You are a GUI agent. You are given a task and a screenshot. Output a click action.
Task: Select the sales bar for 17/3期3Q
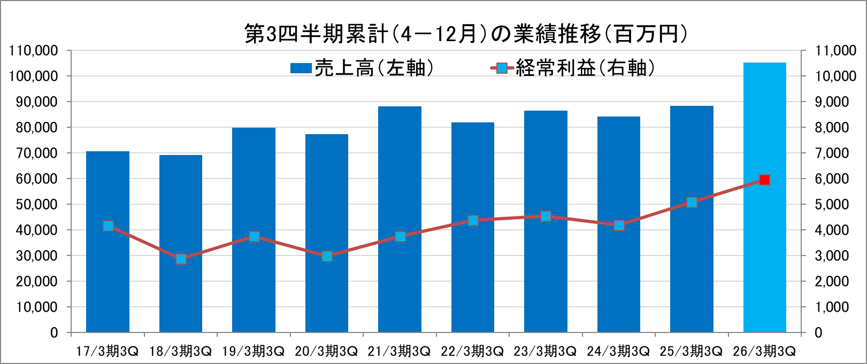tap(108, 278)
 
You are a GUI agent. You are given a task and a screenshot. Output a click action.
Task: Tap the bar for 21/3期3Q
tap(400, 278)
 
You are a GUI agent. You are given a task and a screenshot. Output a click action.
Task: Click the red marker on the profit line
tap(764, 180)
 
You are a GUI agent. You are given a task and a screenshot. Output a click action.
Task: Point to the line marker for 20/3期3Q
tap(327, 256)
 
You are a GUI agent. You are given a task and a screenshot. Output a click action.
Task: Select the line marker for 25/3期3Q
tap(692, 202)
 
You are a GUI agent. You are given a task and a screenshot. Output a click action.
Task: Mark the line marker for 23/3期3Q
tap(546, 216)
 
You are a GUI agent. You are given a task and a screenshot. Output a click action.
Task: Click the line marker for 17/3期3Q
tap(108, 226)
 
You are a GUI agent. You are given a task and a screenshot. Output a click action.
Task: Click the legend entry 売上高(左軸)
tap(362, 68)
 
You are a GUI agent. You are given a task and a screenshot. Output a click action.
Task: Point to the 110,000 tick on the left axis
tap(33, 51)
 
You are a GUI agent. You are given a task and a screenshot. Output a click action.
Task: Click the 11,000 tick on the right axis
tap(835, 51)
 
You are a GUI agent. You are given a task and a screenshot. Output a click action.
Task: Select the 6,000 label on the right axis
tap(831, 179)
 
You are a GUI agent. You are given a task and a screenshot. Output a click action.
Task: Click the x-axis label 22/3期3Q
tap(472, 351)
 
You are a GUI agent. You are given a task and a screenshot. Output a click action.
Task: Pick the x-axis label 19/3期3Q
tap(253, 351)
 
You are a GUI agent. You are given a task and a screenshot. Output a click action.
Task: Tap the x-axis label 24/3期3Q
tap(618, 351)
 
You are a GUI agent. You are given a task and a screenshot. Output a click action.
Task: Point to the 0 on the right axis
tap(818, 332)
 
